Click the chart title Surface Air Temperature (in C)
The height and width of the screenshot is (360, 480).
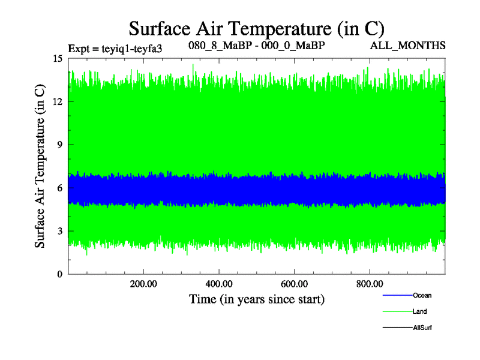coord(257,28)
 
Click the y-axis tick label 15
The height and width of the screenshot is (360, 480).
coord(58,59)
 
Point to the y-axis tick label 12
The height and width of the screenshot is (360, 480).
coord(58,101)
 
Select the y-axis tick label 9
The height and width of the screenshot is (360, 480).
coord(60,145)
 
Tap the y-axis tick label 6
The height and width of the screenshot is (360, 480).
coord(60,188)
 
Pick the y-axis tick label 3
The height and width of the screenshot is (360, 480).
coord(60,231)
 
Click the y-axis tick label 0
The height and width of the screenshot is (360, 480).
coord(60,274)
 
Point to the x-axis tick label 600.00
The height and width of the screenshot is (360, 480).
coord(294,283)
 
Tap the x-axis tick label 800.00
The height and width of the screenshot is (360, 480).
coord(370,283)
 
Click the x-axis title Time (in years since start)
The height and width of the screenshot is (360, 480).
coord(256,299)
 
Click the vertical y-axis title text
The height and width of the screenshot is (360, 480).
coord(40,167)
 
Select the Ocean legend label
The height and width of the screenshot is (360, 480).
coord(422,295)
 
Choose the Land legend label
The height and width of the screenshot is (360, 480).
coord(420,311)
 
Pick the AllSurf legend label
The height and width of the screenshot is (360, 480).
coord(422,328)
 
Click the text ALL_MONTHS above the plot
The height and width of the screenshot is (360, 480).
coord(415,46)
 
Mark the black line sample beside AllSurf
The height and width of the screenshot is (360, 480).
coord(397,328)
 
